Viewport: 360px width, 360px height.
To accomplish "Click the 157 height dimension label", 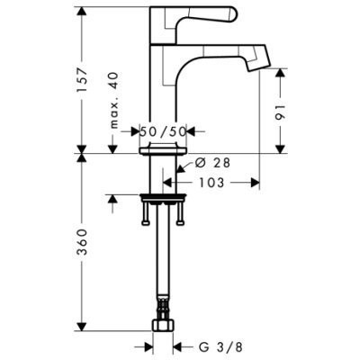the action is point(82,80).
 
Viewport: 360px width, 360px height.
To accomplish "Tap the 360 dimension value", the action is point(82,242).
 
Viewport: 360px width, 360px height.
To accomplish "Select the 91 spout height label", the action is point(280,112).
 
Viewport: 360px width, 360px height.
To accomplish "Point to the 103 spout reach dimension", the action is point(211,183).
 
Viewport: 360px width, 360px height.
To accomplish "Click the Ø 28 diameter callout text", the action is point(212,163).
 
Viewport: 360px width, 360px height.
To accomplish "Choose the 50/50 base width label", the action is point(164,131).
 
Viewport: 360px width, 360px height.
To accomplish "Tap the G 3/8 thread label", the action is point(220,347).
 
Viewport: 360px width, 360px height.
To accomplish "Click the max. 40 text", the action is point(114,101).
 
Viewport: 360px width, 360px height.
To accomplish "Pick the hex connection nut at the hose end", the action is point(163,325).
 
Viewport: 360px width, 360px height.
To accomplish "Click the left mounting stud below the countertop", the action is point(146,213).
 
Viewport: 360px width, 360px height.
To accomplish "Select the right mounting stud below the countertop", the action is point(180,213).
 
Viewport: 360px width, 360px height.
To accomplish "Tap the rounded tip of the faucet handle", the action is point(233,14).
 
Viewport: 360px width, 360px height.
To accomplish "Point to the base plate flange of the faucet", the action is point(163,150).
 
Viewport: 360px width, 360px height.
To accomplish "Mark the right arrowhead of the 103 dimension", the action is point(255,183).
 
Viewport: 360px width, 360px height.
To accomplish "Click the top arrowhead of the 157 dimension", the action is point(82,12).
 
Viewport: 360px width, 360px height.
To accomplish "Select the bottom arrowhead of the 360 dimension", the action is point(82,327).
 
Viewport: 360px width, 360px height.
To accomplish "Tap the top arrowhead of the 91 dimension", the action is point(280,73).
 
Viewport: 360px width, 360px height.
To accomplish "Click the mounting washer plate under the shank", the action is point(163,197).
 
